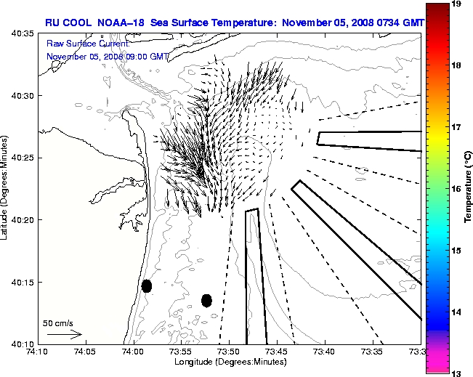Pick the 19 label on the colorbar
coord(457,4)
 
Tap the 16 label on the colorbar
coord(457,188)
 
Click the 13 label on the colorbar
coord(457,372)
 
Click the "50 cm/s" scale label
coord(58,323)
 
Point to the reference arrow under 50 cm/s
coord(64,334)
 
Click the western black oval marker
coord(147,285)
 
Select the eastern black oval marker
coord(206,300)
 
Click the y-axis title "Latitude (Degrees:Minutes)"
coord(6,188)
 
